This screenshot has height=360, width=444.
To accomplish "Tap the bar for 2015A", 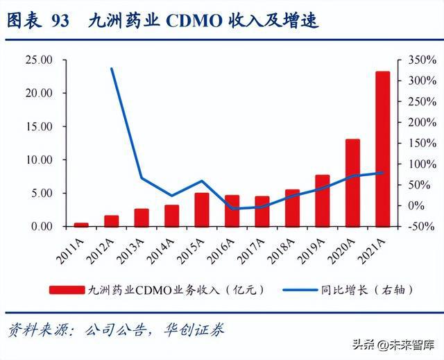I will click(x=202, y=209).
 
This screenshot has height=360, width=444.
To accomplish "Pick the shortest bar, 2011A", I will click(x=82, y=224).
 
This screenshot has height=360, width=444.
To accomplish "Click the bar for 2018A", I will click(x=292, y=207).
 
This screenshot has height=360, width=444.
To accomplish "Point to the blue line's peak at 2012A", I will click(x=112, y=69).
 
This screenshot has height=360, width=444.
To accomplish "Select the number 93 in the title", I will click(x=60, y=21).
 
